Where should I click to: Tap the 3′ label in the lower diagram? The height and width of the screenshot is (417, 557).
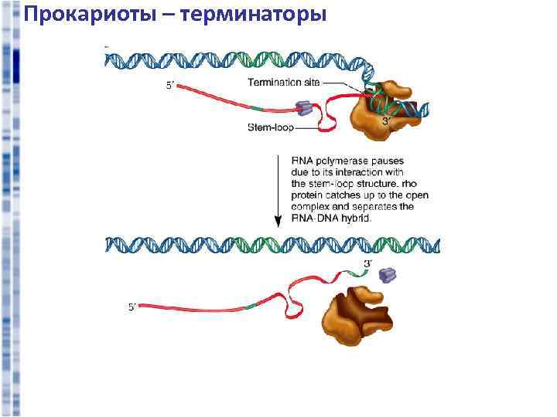point(367,264)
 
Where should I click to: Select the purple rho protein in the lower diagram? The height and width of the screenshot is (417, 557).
point(387,274)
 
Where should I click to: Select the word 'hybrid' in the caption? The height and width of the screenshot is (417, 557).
point(357,219)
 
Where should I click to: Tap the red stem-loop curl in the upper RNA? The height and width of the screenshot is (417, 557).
point(325,116)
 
